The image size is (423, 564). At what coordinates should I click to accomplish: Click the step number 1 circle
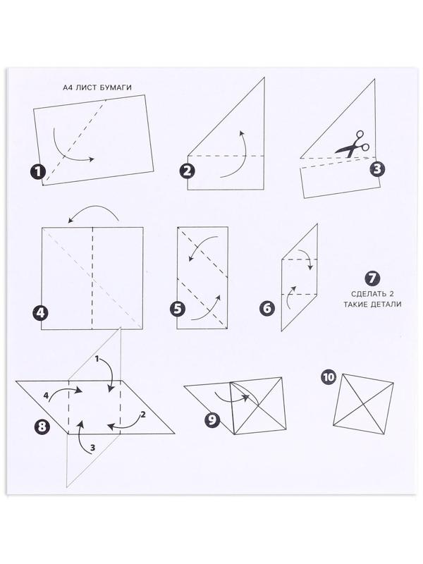coord(38,172)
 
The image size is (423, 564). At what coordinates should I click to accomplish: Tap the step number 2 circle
coord(187,171)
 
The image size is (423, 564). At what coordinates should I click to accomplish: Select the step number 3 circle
coord(377,168)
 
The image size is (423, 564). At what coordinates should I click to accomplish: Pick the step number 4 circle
coord(40,312)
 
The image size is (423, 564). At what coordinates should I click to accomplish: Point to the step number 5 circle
coord(178,309)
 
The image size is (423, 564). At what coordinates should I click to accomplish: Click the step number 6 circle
coord(267,308)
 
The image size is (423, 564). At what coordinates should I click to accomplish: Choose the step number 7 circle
coord(372,278)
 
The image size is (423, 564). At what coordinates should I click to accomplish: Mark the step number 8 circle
coord(42,427)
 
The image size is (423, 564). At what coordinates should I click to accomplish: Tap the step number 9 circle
coord(212,419)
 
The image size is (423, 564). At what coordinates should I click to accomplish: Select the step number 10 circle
coord(328,377)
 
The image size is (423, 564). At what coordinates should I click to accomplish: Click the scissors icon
coord(352,145)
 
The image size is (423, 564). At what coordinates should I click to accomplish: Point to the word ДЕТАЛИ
coord(386,305)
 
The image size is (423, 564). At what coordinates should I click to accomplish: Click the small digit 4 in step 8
coord(46,396)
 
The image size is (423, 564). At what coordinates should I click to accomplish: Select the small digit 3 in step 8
coord(93,448)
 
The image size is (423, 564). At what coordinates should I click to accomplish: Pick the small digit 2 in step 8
coord(143,415)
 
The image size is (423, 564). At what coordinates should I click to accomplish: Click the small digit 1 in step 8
coord(97,359)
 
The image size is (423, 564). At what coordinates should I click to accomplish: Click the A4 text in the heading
coord(68,87)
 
